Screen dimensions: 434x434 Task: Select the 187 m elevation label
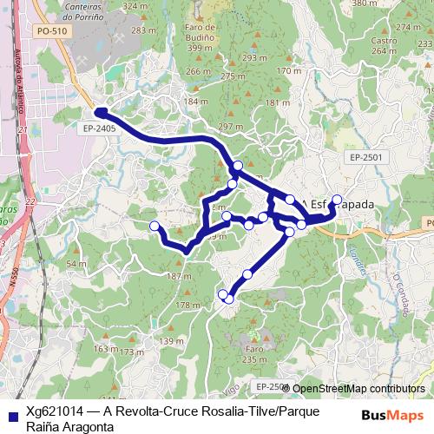(179, 276)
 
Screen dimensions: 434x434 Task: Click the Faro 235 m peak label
(254, 354)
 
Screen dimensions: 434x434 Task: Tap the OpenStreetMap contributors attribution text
(358, 389)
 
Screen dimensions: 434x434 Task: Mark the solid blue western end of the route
(101, 112)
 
